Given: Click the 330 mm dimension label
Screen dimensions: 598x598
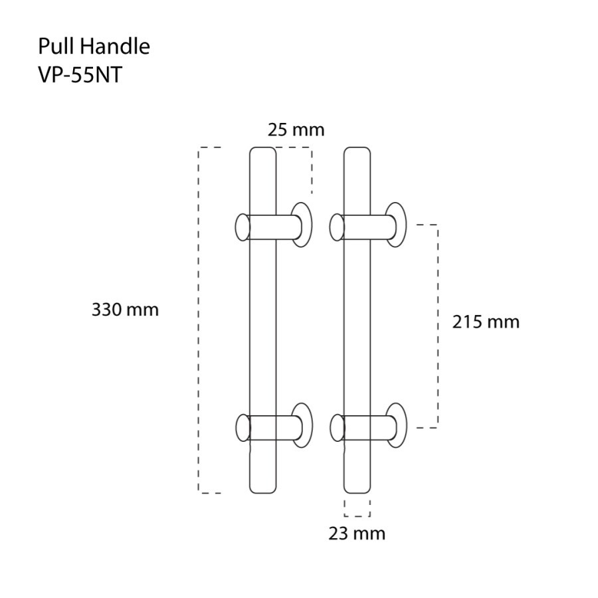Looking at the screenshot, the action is (125, 310).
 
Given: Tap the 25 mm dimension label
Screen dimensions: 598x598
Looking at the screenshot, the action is (296, 130).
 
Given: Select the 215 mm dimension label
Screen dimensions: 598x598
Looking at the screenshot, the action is (486, 322).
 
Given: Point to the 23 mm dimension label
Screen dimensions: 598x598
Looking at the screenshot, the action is (357, 533).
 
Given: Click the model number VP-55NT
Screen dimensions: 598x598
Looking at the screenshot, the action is (80, 75).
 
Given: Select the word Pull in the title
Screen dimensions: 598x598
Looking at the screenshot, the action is (54, 47).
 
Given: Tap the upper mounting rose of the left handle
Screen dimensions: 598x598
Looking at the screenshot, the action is (302, 225).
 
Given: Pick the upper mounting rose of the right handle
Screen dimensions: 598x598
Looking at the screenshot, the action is (397, 225).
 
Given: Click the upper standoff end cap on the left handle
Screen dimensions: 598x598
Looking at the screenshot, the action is (243, 227).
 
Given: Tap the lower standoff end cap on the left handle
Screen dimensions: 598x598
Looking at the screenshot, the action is (243, 427).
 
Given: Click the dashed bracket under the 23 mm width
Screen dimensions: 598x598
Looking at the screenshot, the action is (357, 515).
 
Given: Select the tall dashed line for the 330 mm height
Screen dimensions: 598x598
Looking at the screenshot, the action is (200, 319).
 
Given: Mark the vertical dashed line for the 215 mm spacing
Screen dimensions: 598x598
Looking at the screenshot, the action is (437, 326).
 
